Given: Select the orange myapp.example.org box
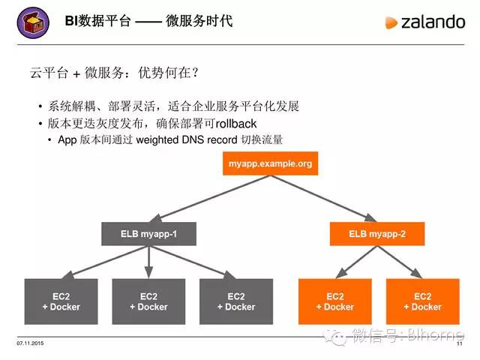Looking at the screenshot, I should click(x=270, y=163).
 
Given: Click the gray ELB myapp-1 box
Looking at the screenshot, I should click(x=148, y=234).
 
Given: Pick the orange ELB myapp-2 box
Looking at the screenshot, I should click(x=377, y=234).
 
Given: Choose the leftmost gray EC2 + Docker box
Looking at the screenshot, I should click(x=61, y=301).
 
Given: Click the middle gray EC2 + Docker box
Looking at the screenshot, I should click(x=148, y=301).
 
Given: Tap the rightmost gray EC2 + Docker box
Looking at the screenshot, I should click(x=235, y=301).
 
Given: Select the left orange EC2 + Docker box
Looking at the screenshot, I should click(x=334, y=301).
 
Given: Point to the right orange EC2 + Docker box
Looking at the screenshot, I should click(x=422, y=301).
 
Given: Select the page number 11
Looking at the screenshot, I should click(x=459, y=344).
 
